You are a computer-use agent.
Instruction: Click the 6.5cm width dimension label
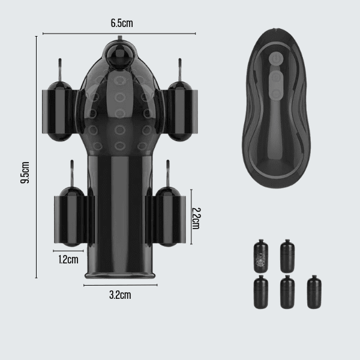122,23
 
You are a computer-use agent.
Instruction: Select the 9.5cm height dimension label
25,172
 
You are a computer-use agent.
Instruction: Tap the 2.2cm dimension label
196,218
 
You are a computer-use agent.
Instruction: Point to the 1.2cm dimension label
68,260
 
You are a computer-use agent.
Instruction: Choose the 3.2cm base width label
120,295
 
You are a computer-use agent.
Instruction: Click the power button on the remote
275,58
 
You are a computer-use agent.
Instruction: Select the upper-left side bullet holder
59,112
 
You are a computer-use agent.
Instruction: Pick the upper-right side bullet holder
180,112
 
